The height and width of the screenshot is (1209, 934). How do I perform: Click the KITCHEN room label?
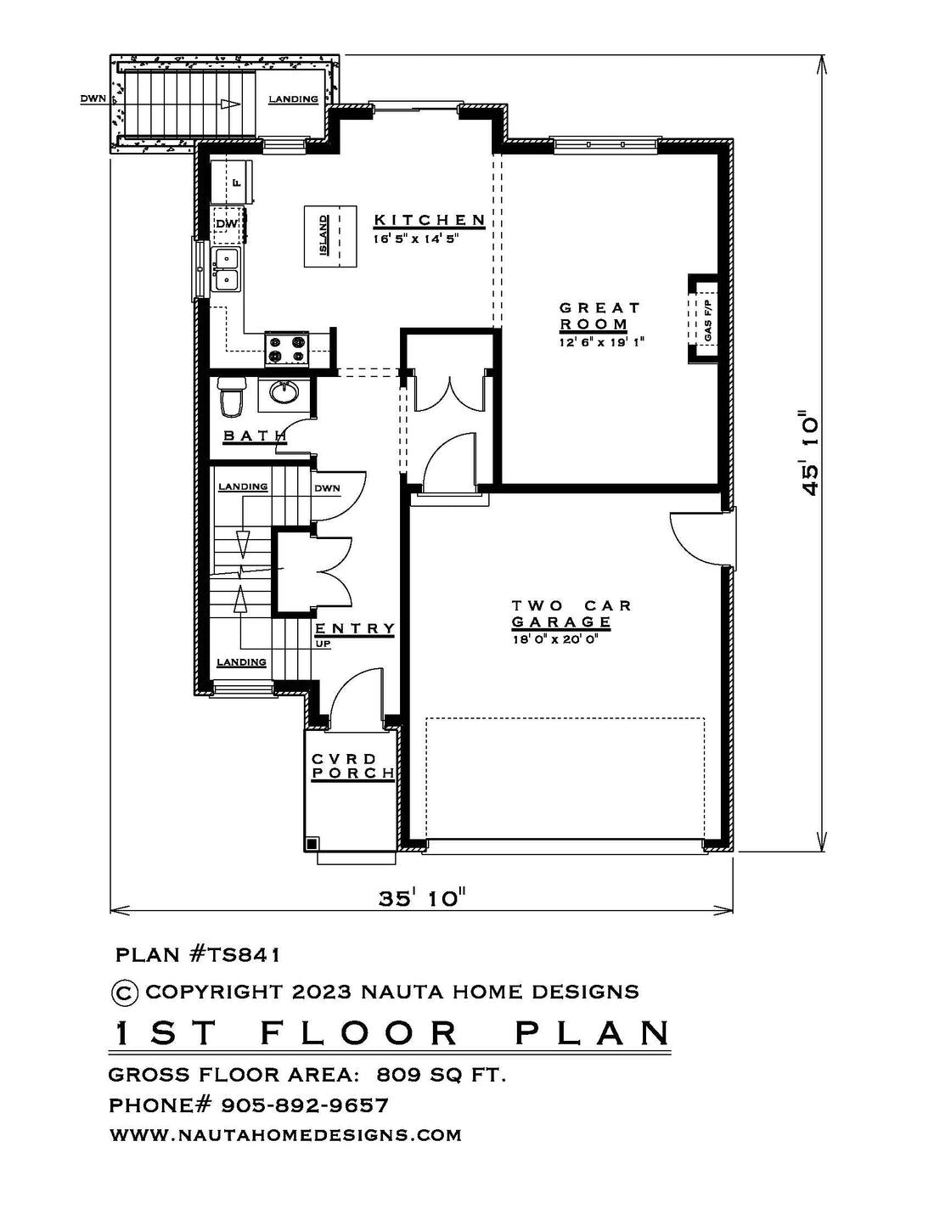click(430, 220)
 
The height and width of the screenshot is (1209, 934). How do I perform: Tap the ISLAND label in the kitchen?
click(324, 236)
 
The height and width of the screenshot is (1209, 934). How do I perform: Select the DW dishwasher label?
click(227, 223)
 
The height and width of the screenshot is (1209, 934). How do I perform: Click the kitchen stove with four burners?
click(286, 348)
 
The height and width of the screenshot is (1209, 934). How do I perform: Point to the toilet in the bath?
click(231, 397)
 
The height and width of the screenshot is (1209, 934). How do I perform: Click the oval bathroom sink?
click(284, 393)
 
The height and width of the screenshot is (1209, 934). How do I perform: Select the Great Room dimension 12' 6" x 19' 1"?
click(601, 342)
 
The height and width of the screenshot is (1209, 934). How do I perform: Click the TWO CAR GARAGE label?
click(571, 613)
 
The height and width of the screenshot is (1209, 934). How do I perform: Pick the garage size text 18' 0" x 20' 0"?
click(558, 639)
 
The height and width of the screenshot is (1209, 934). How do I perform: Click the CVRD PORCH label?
click(352, 766)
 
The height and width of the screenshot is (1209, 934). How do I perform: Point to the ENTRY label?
click(355, 628)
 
